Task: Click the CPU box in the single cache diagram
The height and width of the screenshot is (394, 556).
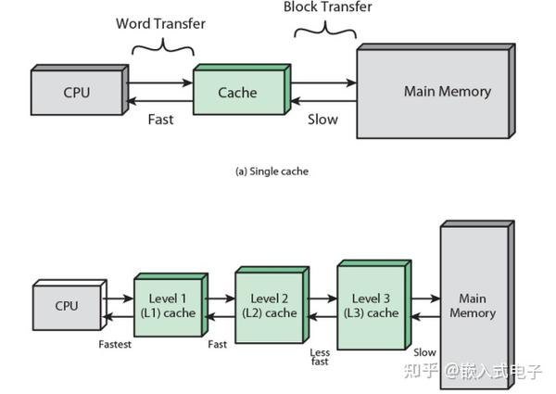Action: click(77, 92)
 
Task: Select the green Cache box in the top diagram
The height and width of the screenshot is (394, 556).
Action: click(237, 93)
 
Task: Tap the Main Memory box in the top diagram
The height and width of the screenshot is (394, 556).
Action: click(434, 92)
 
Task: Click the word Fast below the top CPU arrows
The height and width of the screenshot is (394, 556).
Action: click(160, 120)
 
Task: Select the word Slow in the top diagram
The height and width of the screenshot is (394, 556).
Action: click(322, 120)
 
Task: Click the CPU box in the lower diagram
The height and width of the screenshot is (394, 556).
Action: click(67, 307)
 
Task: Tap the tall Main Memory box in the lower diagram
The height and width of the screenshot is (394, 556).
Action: click(473, 306)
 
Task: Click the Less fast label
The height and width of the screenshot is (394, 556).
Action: click(321, 357)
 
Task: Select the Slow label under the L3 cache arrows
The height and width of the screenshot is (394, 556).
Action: click(424, 352)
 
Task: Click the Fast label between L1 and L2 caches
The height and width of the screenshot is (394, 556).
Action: click(218, 344)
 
